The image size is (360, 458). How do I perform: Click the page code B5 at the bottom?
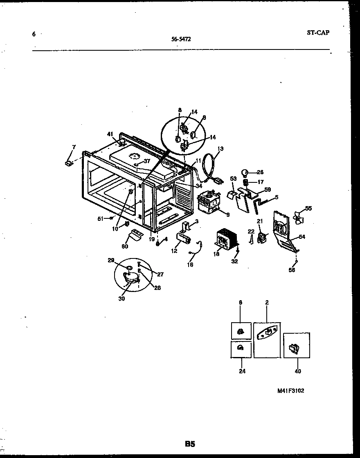coord(189,444)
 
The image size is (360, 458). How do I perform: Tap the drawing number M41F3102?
coord(290,391)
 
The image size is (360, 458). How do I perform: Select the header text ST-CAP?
coord(317,33)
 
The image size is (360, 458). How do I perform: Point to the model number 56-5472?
coord(181,40)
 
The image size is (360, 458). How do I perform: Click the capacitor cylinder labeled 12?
coord(184,238)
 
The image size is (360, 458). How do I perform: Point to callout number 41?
coord(110,134)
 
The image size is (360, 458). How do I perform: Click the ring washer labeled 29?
coord(128,268)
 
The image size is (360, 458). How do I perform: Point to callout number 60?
coord(125,246)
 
